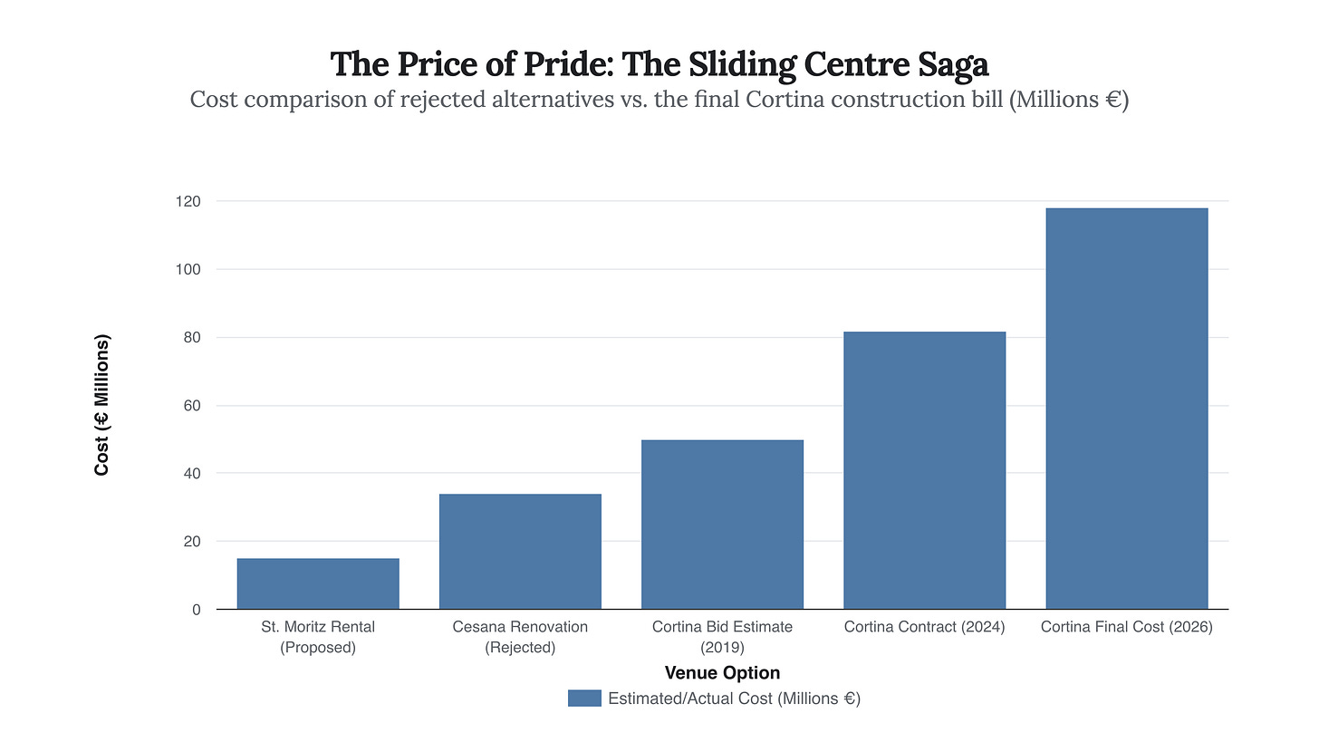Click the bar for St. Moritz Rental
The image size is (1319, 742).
point(318,583)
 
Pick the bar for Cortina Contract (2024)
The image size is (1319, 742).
point(924,470)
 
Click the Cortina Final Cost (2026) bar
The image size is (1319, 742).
point(1126,409)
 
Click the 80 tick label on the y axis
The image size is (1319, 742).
point(191,338)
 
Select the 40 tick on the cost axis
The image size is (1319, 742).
point(191,474)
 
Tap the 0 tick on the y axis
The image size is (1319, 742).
point(196,610)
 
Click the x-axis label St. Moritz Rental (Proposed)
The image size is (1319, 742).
point(318,637)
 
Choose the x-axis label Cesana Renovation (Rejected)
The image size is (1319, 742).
point(520,637)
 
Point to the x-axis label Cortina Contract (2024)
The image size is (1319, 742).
point(924,627)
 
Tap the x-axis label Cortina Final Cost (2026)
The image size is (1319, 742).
point(1126,627)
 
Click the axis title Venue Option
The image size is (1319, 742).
point(722,672)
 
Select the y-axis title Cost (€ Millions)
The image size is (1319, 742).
point(102,405)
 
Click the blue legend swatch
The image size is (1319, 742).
point(584,698)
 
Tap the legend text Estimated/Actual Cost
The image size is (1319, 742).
point(734,699)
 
